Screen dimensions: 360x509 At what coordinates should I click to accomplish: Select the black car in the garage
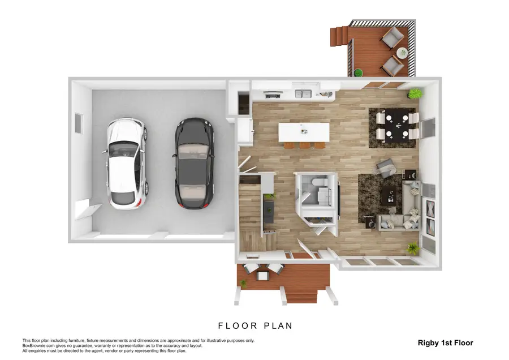(194, 163)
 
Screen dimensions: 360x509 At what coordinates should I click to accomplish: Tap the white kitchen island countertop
(304, 132)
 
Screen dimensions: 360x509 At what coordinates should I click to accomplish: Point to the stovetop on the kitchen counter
(272, 95)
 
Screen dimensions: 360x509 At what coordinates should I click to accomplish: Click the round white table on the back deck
(402, 53)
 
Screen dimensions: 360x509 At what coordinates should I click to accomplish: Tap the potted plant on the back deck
(358, 72)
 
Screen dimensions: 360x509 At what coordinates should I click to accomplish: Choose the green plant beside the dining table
(416, 93)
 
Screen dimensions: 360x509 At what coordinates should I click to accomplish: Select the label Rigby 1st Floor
(445, 342)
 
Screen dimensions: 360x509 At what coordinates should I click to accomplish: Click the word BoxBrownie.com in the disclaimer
(36, 346)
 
